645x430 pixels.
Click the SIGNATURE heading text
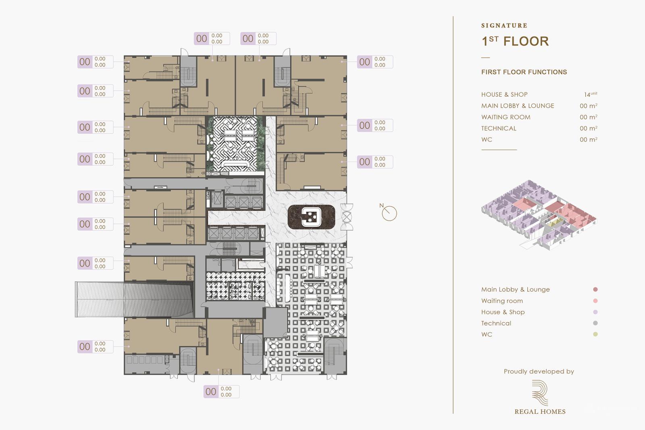click(504, 25)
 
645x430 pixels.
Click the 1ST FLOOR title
click(515, 41)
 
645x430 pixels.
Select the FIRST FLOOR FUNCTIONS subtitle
click(524, 72)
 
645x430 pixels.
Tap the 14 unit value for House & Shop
click(590, 94)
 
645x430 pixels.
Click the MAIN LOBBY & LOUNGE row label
click(517, 106)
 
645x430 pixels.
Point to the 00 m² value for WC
click(588, 140)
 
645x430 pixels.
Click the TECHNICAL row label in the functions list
click(498, 128)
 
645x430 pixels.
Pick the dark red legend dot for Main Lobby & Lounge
click(595, 289)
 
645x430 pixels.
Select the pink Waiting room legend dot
click(595, 301)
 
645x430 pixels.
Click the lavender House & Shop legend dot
click(595, 312)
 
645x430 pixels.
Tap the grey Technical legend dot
click(595, 323)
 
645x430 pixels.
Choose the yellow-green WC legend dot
click(595, 334)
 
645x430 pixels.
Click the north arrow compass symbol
click(389, 213)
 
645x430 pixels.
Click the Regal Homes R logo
click(540, 392)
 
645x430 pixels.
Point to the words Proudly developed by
click(539, 372)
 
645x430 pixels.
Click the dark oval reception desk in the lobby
click(311, 217)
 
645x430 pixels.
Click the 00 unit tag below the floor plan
click(211, 392)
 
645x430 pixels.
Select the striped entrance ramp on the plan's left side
click(133, 299)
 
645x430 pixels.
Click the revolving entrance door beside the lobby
click(346, 217)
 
